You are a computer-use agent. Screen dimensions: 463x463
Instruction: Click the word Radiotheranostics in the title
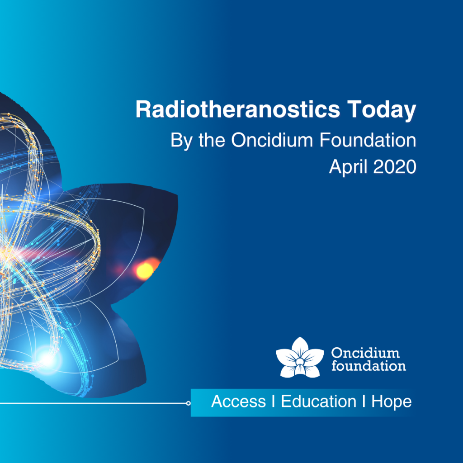point(238,109)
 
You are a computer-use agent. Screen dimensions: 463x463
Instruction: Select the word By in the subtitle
point(181,141)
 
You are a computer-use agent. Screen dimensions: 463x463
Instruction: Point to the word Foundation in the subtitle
point(368,140)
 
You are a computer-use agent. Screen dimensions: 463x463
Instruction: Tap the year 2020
point(395,167)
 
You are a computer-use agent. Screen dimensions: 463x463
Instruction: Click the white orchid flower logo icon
point(300,358)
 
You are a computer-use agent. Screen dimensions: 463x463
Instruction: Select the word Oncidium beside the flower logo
point(365,353)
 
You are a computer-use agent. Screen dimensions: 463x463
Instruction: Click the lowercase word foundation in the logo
point(369,365)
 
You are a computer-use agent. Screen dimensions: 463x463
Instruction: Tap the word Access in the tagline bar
point(239,402)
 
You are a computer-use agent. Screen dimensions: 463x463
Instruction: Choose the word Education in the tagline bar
point(319,402)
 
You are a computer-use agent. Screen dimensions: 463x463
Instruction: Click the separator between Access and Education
point(274,402)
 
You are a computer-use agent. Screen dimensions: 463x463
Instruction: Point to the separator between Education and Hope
point(364,402)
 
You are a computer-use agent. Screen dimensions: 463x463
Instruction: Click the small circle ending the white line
point(189,403)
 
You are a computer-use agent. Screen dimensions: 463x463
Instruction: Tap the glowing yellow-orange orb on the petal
point(145,270)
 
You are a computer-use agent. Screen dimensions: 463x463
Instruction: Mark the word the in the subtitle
point(212,140)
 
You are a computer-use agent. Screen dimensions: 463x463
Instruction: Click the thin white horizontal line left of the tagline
point(93,403)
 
